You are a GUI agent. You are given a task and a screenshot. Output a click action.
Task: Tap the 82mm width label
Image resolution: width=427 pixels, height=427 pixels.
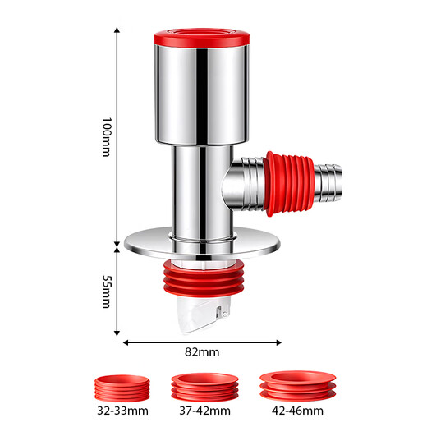point(203,352)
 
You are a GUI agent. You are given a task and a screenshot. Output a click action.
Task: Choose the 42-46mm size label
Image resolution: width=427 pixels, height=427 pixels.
point(293,410)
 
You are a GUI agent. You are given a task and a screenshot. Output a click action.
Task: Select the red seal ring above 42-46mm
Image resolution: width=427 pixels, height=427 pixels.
point(293,385)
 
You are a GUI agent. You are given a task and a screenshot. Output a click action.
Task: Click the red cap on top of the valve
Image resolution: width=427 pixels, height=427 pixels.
point(202,36)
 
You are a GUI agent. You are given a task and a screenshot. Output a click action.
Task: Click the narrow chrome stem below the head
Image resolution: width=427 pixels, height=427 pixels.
point(197,185)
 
